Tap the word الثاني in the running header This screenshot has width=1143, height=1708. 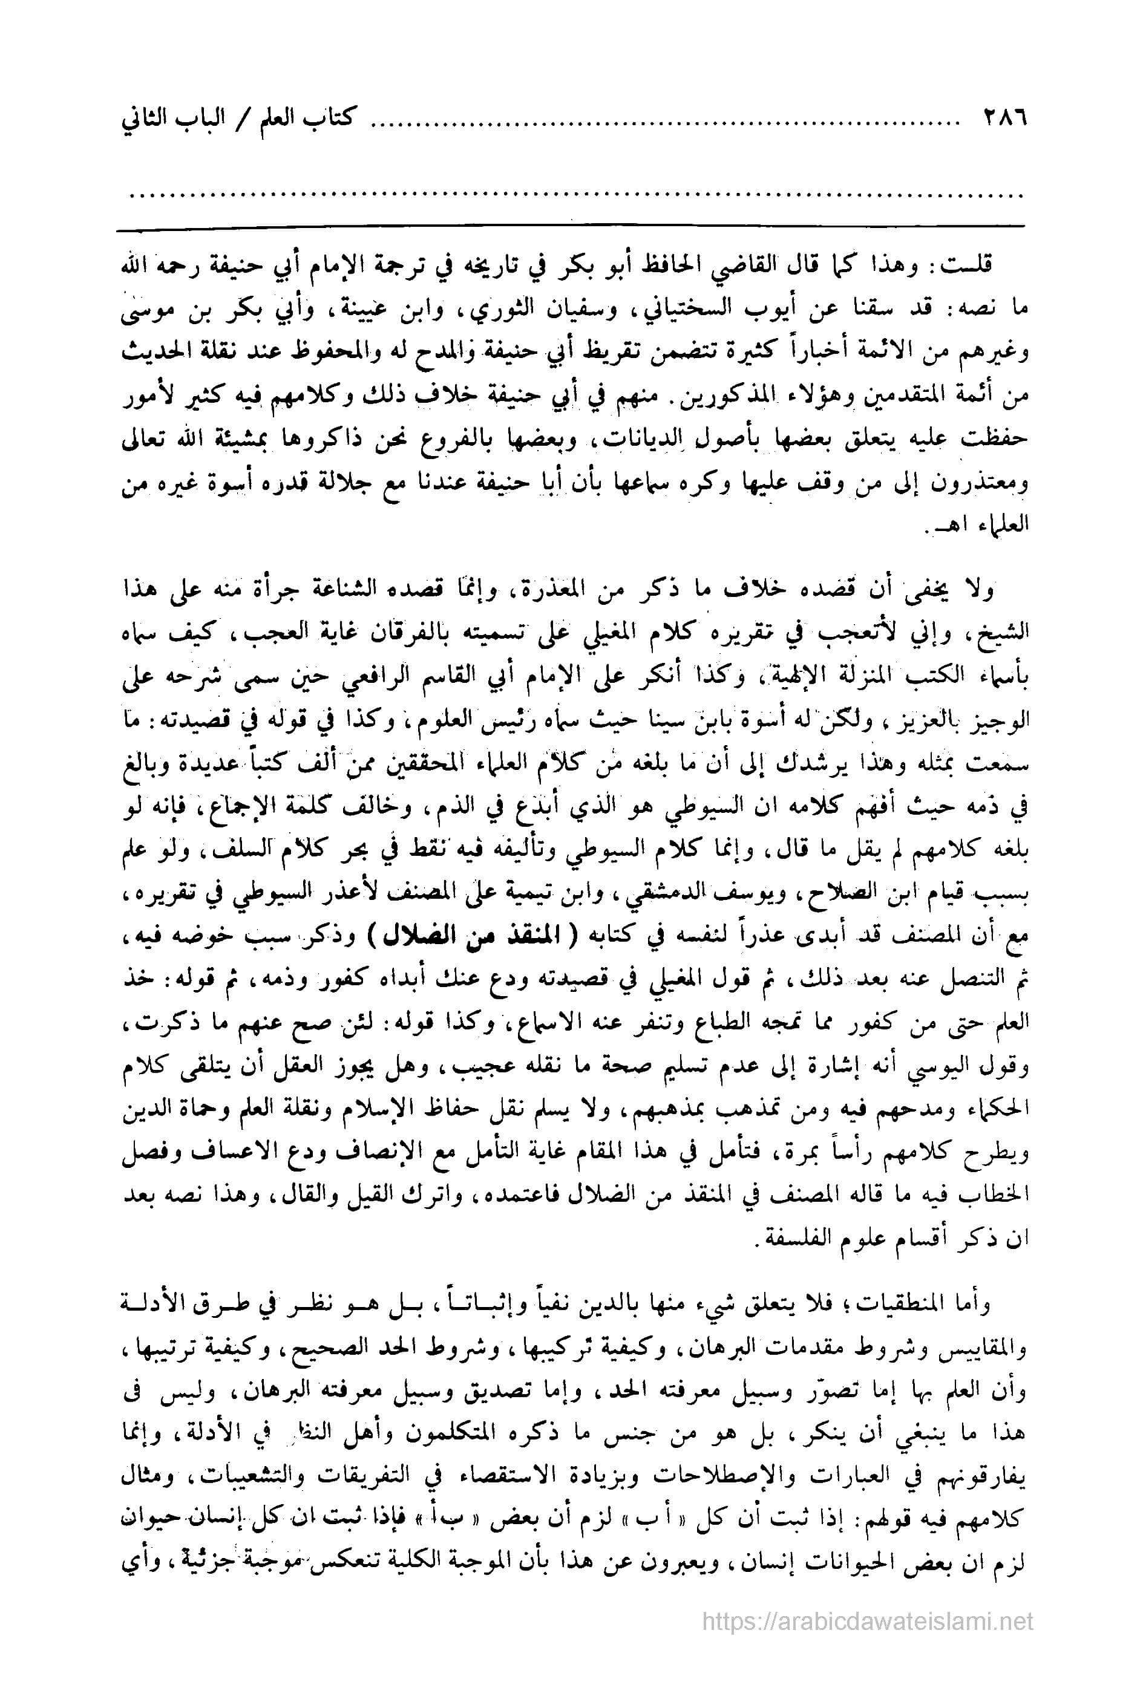click(x=152, y=117)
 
